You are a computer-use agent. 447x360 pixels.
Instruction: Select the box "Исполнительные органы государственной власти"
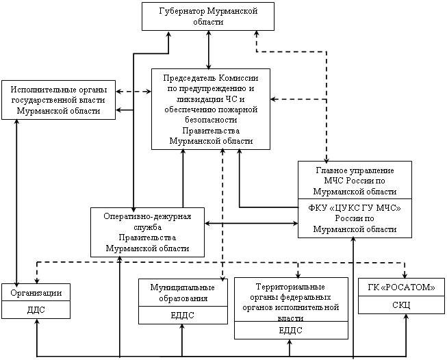(x=58, y=100)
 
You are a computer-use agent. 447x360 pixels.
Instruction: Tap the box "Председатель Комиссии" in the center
(x=210, y=108)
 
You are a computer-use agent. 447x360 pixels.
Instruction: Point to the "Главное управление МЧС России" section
(x=355, y=180)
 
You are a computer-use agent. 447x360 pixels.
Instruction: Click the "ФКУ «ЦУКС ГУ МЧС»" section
(x=355, y=218)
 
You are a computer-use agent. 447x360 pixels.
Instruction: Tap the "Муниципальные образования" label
(x=183, y=293)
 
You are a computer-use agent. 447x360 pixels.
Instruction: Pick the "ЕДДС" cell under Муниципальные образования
(x=183, y=315)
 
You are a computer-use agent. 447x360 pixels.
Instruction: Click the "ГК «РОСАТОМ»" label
(x=397, y=287)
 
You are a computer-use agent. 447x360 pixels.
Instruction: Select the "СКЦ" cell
(x=397, y=305)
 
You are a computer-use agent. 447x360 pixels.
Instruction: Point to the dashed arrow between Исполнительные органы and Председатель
(x=133, y=91)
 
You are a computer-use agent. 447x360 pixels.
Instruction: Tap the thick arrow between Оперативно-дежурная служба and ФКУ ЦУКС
(x=251, y=223)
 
